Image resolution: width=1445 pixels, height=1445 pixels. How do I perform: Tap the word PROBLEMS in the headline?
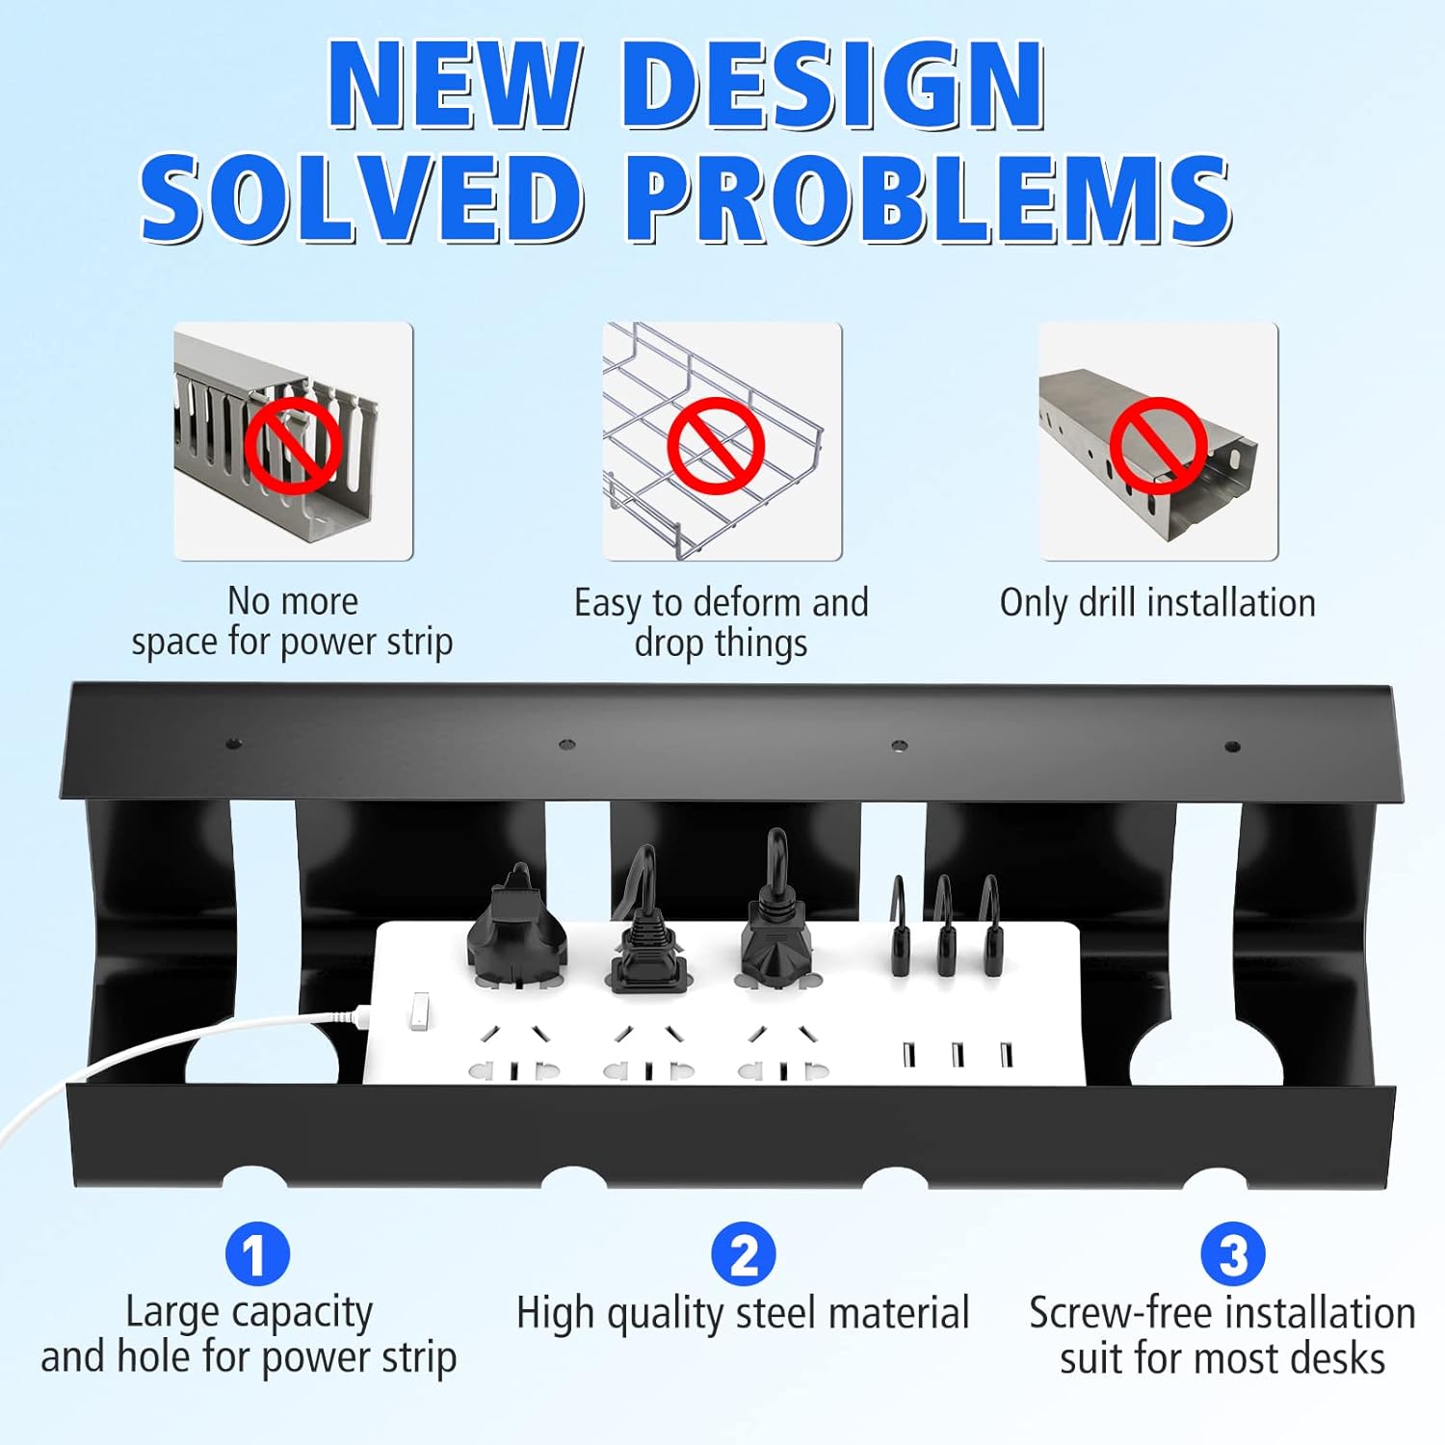930,199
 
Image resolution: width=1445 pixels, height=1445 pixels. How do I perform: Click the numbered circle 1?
257,1254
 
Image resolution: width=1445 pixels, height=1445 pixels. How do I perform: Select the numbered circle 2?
744,1254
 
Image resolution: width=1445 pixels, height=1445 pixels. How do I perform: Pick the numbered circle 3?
1233,1254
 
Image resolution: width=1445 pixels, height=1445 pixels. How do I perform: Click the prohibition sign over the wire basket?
716,445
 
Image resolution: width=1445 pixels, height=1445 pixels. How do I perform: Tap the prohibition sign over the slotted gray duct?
293,445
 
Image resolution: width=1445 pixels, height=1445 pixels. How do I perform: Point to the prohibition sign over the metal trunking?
1158,445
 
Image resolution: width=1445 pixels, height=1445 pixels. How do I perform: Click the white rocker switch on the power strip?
419,1011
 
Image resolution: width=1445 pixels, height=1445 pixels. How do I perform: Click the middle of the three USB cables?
944,925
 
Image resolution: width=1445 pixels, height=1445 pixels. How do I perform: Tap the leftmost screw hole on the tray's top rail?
232,744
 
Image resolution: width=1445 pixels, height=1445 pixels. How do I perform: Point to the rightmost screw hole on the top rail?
1231,746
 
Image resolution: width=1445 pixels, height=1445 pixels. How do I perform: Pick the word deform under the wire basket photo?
746,603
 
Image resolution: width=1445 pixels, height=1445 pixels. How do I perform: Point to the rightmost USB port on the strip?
1006,1055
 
